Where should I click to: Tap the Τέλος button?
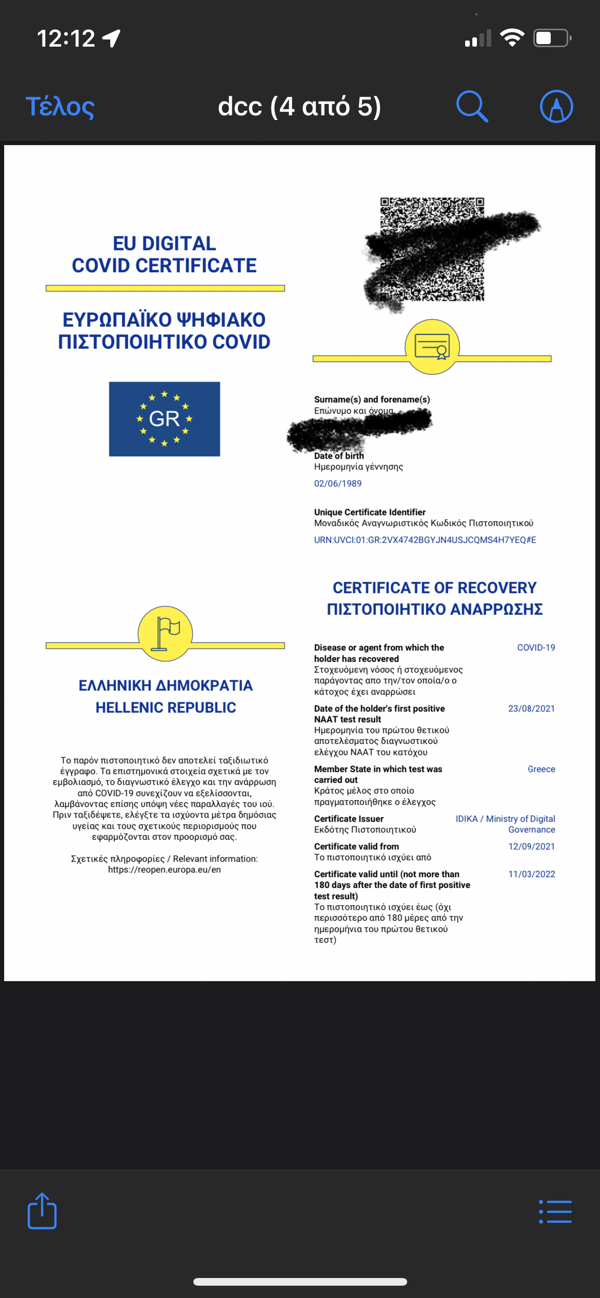click(60, 107)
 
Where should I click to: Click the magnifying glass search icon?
click(471, 107)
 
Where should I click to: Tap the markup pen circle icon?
click(556, 107)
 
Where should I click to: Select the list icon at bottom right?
click(555, 1212)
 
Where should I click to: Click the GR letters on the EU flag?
click(164, 419)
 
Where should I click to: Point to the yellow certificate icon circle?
click(432, 347)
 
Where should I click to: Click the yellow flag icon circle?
click(166, 634)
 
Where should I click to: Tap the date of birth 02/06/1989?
click(338, 483)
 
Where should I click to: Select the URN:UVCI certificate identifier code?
click(425, 540)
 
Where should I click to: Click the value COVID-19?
click(536, 647)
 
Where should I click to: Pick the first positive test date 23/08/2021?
click(531, 708)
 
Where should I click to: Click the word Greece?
click(541, 769)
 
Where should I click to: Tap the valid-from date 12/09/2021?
click(531, 846)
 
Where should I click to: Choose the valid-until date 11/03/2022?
click(531, 874)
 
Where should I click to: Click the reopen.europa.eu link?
click(164, 869)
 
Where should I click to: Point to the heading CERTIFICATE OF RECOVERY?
click(434, 587)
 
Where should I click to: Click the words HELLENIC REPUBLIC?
click(166, 707)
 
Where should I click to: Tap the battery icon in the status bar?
click(552, 38)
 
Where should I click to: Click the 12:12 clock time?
click(66, 38)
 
